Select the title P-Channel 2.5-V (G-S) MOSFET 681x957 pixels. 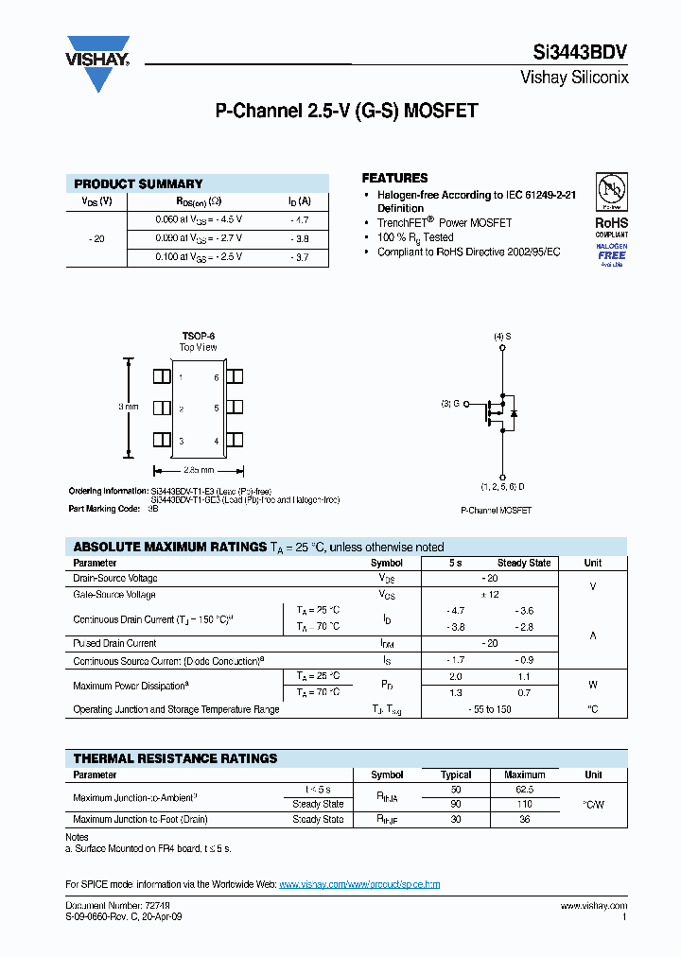click(346, 111)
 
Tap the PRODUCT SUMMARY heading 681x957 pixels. click(138, 183)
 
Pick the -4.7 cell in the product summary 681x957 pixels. click(300, 219)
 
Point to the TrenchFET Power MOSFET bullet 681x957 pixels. click(444, 223)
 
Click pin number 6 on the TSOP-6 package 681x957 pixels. click(217, 377)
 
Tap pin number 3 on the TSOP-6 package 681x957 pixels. click(181, 442)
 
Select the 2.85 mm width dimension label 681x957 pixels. click(198, 469)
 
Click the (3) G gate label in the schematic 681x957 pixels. click(450, 404)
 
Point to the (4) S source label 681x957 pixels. click(502, 337)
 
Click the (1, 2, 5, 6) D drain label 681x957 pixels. click(502, 486)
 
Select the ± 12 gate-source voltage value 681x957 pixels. click(489, 595)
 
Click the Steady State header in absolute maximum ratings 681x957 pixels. click(524, 563)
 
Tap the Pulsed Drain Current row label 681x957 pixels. click(114, 643)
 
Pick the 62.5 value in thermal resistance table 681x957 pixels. click(524, 789)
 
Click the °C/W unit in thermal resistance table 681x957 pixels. click(593, 805)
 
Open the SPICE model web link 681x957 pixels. click(359, 884)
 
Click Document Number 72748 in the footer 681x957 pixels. click(103, 906)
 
